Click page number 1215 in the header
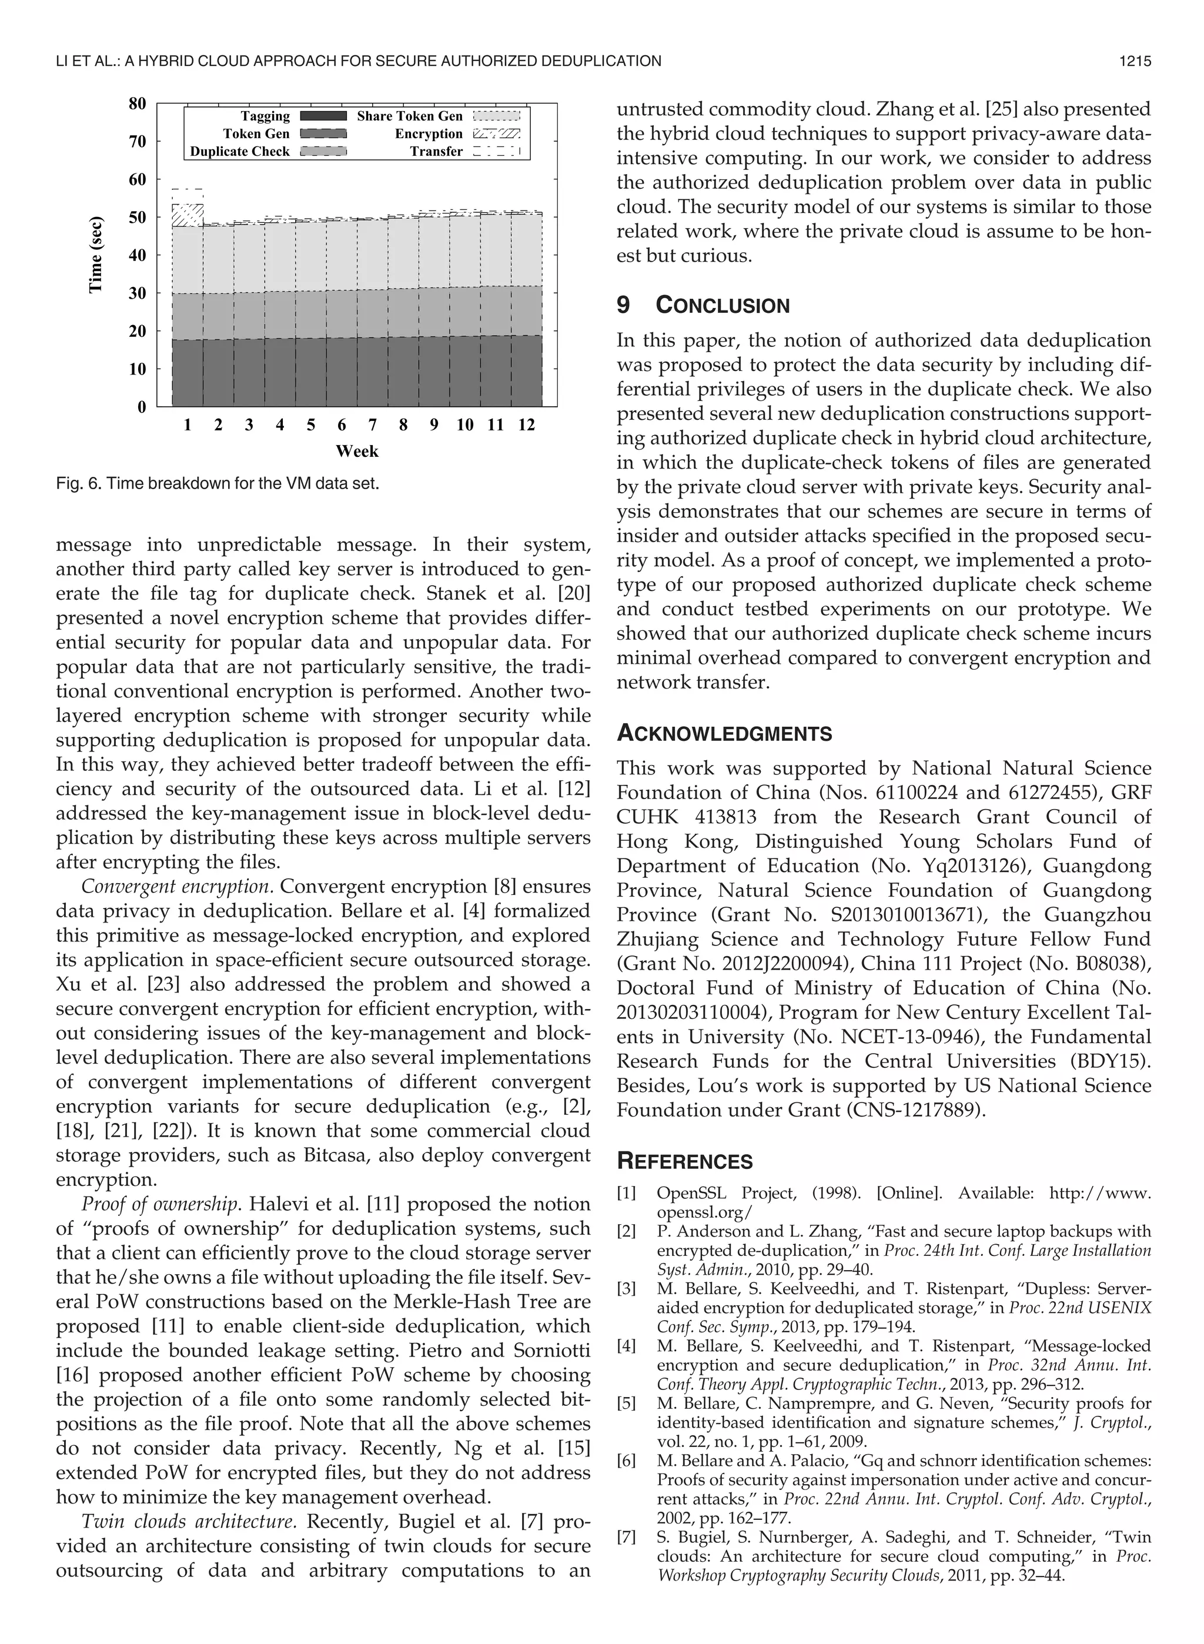[x=1134, y=61]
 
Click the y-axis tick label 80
[x=137, y=103]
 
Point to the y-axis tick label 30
[x=137, y=293]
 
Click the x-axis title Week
[x=356, y=451]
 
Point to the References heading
[x=684, y=1162]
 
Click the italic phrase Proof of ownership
[x=160, y=1204]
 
